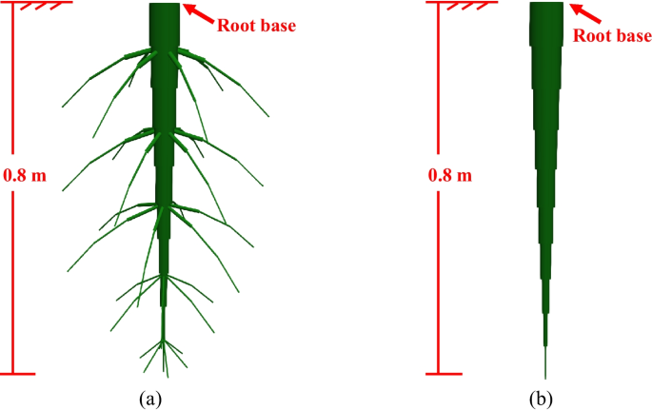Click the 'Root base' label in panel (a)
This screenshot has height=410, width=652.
pos(257,25)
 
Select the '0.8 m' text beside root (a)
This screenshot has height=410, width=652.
pos(24,176)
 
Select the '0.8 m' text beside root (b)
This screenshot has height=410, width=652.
pos(450,176)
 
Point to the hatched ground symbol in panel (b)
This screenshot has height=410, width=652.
pos(454,8)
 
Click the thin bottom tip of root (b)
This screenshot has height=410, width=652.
pos(545,361)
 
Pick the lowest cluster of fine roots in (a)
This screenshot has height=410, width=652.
pos(164,354)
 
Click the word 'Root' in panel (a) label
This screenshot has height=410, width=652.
pos(235,25)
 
